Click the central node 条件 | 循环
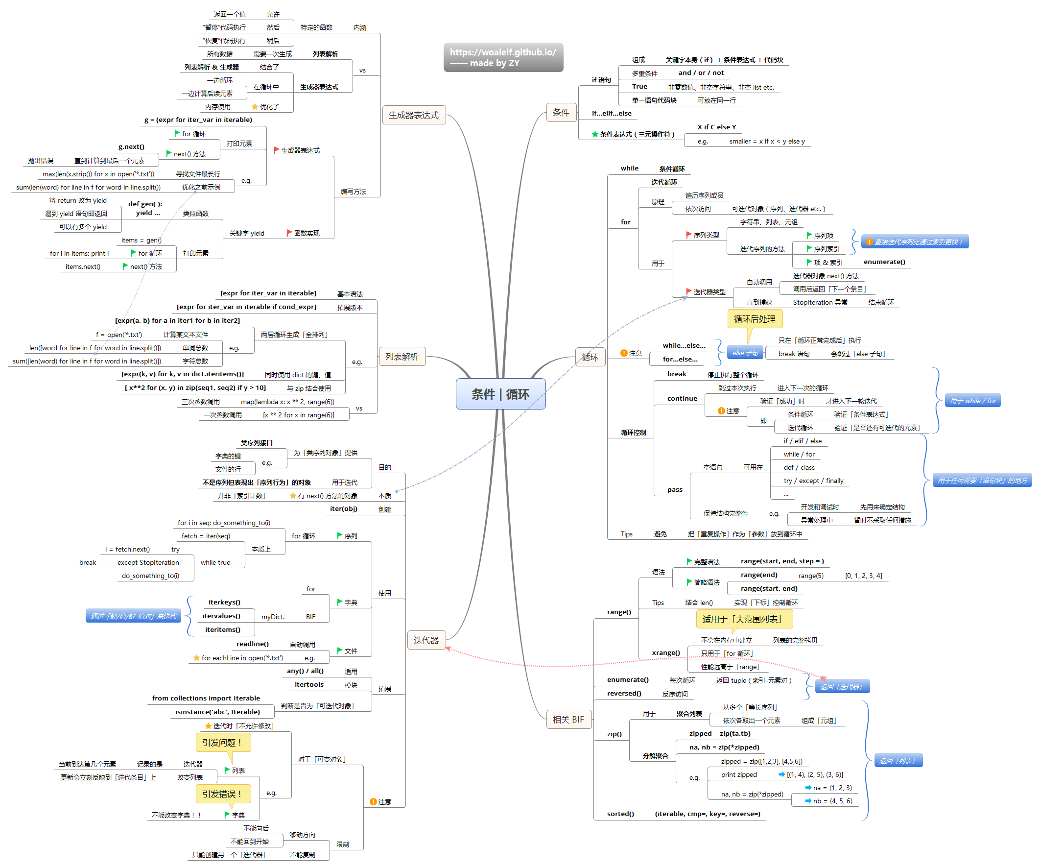click(500, 394)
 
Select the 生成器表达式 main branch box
click(414, 115)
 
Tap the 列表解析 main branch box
click(402, 356)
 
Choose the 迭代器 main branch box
click(426, 640)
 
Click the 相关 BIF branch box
click(568, 719)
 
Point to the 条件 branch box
click(561, 113)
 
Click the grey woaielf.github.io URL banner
click(503, 57)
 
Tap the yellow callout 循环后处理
click(754, 318)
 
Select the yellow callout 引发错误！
click(222, 794)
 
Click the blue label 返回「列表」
click(897, 761)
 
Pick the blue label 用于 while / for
click(972, 400)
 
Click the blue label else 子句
click(745, 353)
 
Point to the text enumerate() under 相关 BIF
click(627, 680)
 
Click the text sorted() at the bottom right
click(620, 814)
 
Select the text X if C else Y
click(716, 127)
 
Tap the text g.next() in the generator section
click(131, 146)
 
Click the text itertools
click(309, 684)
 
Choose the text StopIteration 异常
click(820, 302)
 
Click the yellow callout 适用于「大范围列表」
click(744, 619)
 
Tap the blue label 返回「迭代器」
click(841, 686)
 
